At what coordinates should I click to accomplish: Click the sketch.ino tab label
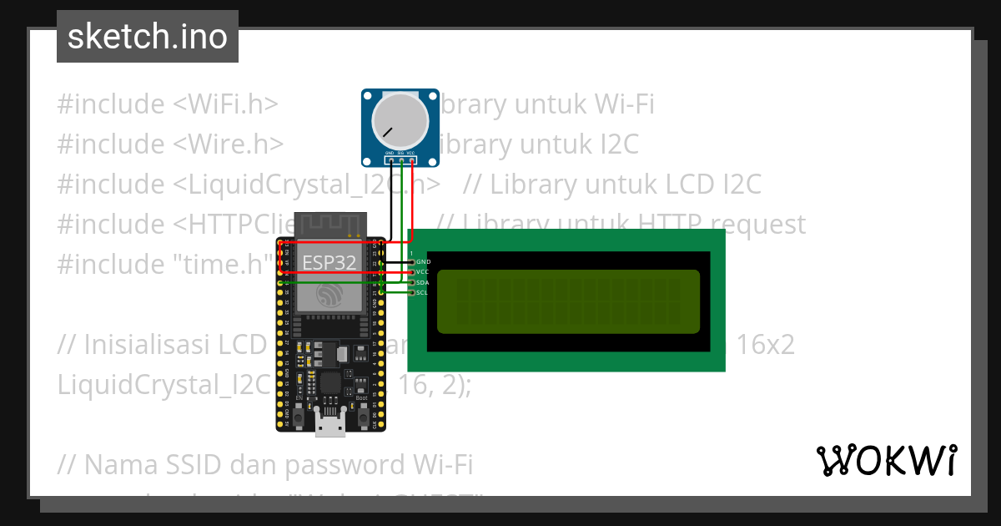coord(147,37)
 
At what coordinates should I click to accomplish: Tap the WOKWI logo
coord(886,460)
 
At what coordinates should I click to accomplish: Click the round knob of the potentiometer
coord(400,121)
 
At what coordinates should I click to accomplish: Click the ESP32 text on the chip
coord(329,262)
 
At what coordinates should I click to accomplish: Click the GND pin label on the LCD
coord(423,262)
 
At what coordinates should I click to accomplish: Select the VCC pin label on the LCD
coord(423,272)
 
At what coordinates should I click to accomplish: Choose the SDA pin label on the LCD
coord(423,282)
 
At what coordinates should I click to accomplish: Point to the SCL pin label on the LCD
coord(423,292)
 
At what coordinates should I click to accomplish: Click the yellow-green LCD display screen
coord(568,301)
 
